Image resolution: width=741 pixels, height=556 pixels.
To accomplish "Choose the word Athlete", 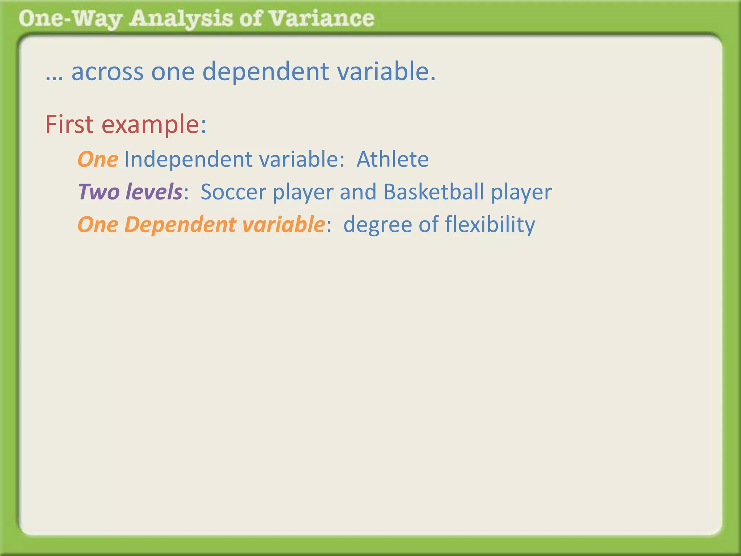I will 393,159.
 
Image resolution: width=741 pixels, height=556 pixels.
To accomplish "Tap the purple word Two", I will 98,192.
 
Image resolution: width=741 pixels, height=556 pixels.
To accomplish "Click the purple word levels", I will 154,192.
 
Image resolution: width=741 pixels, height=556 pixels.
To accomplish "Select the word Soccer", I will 233,192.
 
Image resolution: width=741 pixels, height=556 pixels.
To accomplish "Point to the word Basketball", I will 433,192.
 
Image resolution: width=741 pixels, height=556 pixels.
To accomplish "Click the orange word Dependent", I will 180,225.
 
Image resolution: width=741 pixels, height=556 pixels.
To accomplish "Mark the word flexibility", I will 490,225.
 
